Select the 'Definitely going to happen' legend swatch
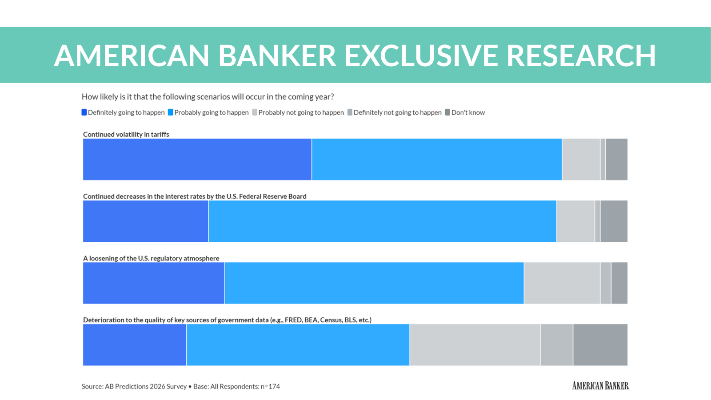pos(84,112)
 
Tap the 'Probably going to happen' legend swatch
pos(171,112)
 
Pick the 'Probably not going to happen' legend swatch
pos(255,112)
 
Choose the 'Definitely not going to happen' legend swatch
pos(350,112)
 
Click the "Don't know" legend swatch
pos(447,112)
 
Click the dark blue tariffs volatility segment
pos(197,160)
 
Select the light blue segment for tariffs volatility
pos(437,160)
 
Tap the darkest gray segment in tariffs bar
pos(617,160)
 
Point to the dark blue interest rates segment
pos(146,221)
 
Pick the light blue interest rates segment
pos(382,221)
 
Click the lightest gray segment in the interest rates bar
pos(575,221)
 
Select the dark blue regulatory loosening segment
pos(154,283)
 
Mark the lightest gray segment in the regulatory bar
pos(562,283)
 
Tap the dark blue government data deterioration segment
pos(135,345)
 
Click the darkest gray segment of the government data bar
pos(600,345)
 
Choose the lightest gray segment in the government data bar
pos(475,345)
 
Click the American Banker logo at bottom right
pos(600,386)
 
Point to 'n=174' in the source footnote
pos(270,387)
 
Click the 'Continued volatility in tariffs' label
pos(126,134)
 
